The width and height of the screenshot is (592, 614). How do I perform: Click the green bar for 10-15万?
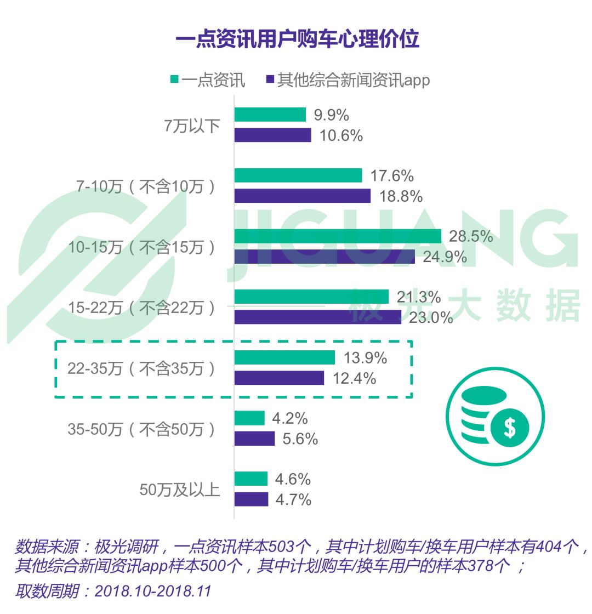338,236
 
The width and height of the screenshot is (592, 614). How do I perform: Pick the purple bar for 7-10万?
303,196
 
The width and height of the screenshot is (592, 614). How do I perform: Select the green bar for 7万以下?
270,115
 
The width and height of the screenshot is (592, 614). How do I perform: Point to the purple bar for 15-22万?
318,317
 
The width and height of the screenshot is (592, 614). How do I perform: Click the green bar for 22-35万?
284,357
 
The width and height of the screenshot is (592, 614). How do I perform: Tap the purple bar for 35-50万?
255,439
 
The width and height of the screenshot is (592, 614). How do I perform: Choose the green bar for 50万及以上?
251,479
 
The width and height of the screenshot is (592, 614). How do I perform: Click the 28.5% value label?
471,237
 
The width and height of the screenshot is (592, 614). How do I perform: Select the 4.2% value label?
290,419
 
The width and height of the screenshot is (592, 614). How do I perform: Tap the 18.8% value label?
401,196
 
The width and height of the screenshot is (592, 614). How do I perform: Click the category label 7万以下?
192,126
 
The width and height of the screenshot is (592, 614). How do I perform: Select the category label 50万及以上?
180,490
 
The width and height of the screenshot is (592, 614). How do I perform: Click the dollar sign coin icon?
510,428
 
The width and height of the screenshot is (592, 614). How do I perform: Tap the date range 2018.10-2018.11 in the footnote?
152,592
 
